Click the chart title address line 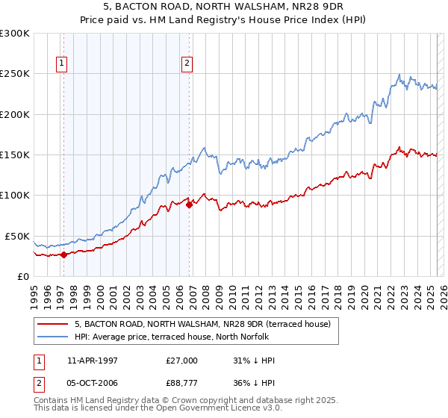(x=224, y=7)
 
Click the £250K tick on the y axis (x=15, y=74)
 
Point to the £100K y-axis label (x=15, y=195)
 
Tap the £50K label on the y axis (x=17, y=236)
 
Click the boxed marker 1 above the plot (x=60, y=63)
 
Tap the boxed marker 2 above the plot (x=187, y=63)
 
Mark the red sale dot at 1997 (x=63, y=255)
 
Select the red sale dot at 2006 (x=189, y=205)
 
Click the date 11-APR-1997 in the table (x=93, y=361)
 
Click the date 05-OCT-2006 (x=93, y=384)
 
